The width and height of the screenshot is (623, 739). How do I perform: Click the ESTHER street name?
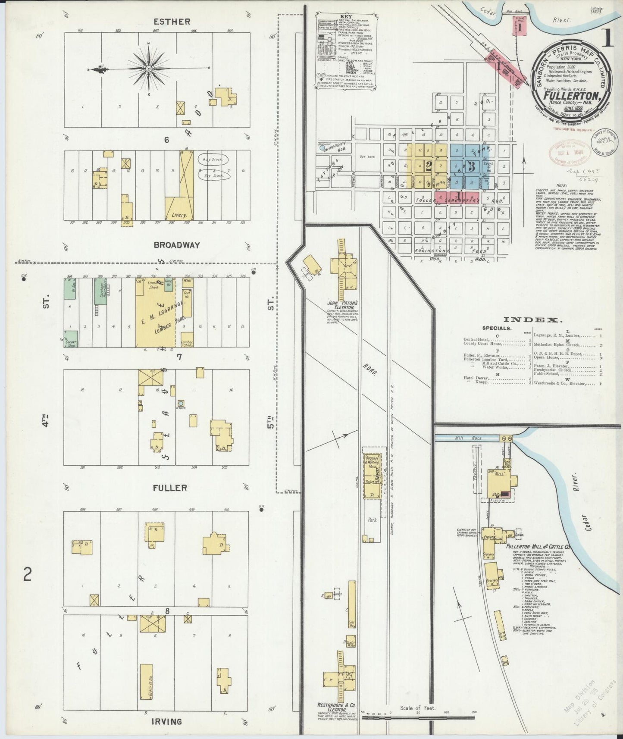click(x=172, y=22)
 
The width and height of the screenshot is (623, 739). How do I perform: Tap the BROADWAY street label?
click(x=177, y=245)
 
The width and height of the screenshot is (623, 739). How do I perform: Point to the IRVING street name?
click(x=166, y=721)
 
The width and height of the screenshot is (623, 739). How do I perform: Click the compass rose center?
click(x=149, y=69)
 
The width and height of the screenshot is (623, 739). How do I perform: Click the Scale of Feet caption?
click(x=417, y=708)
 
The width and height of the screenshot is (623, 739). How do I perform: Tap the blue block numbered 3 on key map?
click(x=471, y=166)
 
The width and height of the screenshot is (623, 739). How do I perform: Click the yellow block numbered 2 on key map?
click(x=428, y=166)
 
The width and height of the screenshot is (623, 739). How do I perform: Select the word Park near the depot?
click(x=373, y=520)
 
